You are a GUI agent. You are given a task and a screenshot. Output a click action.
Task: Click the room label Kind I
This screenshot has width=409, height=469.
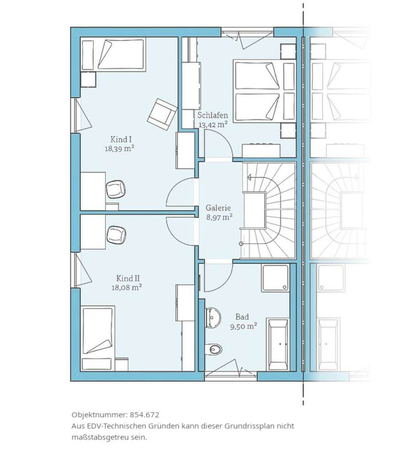(121, 139)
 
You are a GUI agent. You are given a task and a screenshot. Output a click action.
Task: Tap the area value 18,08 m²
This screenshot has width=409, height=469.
(127, 288)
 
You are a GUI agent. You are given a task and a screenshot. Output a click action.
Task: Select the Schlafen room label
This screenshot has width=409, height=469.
(213, 115)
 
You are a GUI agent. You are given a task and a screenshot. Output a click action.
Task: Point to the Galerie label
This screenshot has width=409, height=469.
(218, 208)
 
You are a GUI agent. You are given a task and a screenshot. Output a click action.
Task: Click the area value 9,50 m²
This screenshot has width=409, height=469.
(243, 326)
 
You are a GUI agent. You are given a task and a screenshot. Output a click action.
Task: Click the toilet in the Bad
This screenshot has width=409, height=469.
(215, 349)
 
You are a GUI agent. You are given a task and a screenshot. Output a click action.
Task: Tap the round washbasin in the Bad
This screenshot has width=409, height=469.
(213, 317)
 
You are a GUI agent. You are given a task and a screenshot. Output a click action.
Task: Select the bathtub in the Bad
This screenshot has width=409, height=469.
(278, 344)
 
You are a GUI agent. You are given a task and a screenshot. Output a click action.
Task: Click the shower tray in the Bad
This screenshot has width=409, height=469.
(275, 278)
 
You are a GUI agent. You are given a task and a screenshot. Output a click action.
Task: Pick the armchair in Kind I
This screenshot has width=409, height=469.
(161, 114)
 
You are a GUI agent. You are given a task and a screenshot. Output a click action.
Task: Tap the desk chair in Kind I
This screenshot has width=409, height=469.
(116, 189)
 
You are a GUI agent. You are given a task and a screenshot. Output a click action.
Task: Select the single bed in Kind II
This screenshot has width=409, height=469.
(98, 338)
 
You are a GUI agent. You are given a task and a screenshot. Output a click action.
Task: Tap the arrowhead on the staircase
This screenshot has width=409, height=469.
(249, 178)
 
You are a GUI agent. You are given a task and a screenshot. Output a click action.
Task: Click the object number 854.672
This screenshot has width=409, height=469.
(145, 414)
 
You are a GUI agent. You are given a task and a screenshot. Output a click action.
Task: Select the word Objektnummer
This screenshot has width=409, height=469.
(99, 415)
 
